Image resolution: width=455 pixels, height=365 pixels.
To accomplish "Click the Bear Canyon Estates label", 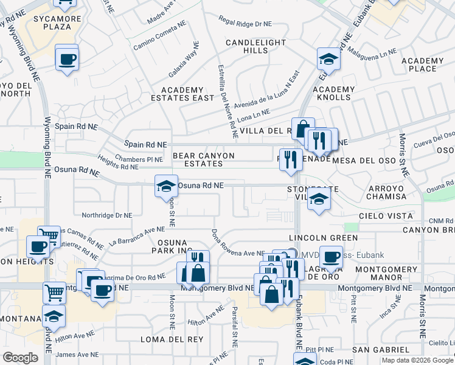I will tap(204, 159).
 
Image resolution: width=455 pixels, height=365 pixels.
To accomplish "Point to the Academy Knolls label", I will tap(333, 93).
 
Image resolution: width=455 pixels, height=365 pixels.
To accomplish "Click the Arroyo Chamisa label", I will tap(386, 192).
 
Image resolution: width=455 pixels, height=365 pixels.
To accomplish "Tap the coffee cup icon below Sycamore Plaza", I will tap(67, 59).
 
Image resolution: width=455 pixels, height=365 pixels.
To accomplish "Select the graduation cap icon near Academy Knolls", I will tap(328, 59).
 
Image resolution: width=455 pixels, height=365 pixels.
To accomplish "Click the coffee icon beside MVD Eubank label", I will tap(331, 256).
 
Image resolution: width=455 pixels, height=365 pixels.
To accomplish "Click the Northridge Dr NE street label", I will tap(107, 215).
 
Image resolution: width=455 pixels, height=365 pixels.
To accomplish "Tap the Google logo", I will tap(20, 358).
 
